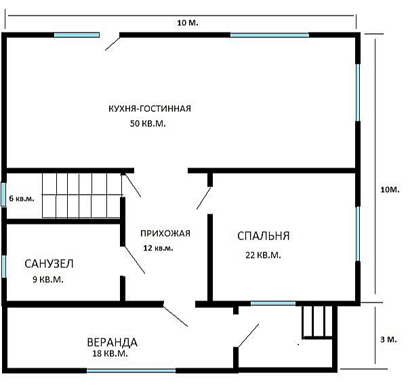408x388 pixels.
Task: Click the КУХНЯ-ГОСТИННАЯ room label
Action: pyautogui.click(x=150, y=109)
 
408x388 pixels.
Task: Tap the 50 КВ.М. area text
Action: pyautogui.click(x=148, y=123)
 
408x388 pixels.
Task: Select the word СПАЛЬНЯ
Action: pyautogui.click(x=264, y=235)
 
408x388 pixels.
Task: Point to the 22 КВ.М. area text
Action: pyautogui.click(x=263, y=255)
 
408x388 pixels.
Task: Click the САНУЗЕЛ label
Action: pyautogui.click(x=49, y=264)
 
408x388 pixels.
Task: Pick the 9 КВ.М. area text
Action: pyautogui.click(x=48, y=279)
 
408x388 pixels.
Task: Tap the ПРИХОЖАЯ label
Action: pyautogui.click(x=165, y=233)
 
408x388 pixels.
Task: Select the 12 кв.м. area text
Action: pyautogui.click(x=158, y=248)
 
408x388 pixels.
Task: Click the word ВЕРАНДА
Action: pyautogui.click(x=112, y=342)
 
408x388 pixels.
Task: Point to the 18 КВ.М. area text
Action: pyautogui.click(x=110, y=353)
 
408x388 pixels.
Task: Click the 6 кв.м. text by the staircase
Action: pyautogui.click(x=22, y=199)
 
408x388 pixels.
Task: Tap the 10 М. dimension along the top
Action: pyautogui.click(x=188, y=22)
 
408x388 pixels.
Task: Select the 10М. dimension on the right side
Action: pyautogui.click(x=390, y=189)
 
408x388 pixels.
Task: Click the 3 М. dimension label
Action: pyautogui.click(x=388, y=340)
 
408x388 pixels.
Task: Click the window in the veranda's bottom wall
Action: pyautogui.click(x=131, y=370)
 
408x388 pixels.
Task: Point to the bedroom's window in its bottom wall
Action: pyautogui.click(x=273, y=303)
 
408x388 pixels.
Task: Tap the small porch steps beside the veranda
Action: pyautogui.click(x=317, y=322)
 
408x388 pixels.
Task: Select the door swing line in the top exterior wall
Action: pyautogui.click(x=113, y=43)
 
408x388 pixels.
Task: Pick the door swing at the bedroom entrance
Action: pyautogui.click(x=204, y=198)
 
